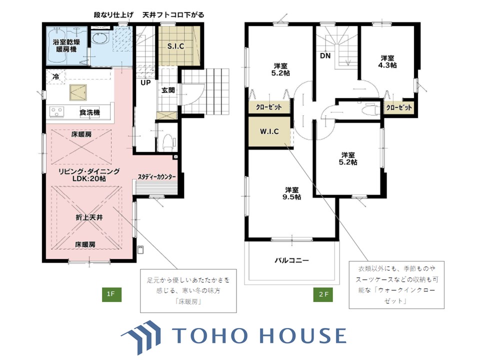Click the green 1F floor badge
111,294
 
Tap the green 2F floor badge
323,294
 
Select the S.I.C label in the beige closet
175,46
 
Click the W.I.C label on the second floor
269,131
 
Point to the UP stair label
145,82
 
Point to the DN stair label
325,55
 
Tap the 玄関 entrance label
168,90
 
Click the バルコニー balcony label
291,260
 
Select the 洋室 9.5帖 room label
291,193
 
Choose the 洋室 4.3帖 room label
387,61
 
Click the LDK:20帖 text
89,178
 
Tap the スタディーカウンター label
156,177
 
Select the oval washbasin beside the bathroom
100,38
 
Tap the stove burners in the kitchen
57,111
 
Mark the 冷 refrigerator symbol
55,76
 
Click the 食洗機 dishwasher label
89,112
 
